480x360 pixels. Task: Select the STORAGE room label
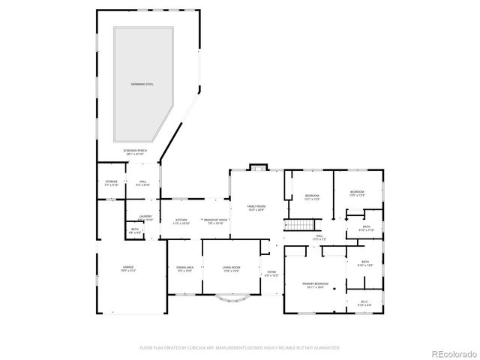pos(111,182)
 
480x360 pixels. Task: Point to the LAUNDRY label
pos(145,217)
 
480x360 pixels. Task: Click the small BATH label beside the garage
pos(135,231)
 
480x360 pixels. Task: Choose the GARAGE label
pos(129,268)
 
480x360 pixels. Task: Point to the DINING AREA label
pos(185,269)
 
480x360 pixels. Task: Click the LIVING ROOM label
pos(230,268)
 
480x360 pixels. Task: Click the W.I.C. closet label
pos(364,304)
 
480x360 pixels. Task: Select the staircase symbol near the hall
pos(301,226)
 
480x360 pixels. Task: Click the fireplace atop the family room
pos(258,167)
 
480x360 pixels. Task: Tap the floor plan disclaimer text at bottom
pos(240,348)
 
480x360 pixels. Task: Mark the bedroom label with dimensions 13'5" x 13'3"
pos(357,193)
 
